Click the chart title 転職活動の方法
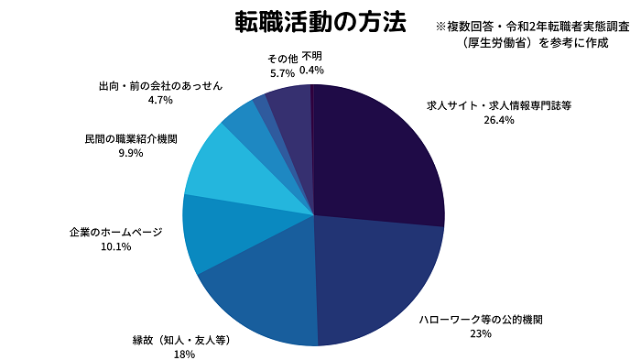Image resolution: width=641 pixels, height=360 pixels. pos(320,23)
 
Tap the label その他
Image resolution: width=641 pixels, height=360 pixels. pos(281,58)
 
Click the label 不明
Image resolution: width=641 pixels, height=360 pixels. pos(311,57)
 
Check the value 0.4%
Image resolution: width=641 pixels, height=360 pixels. pos(311,71)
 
